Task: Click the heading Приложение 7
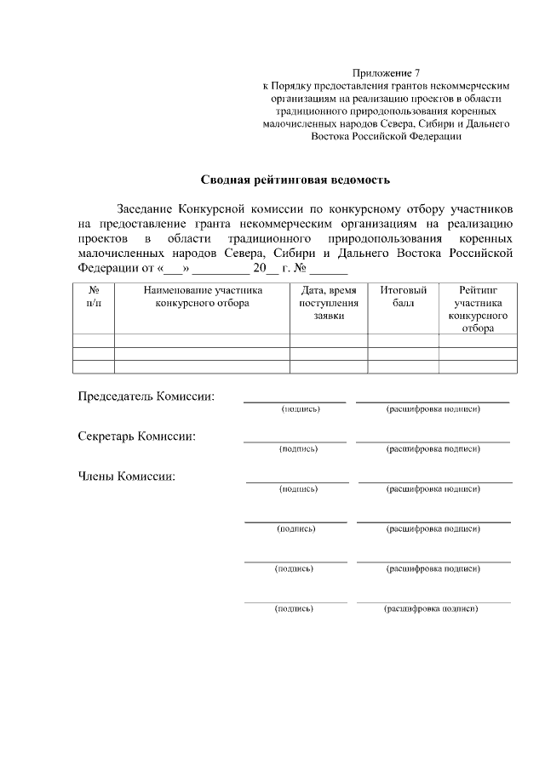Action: [387, 74]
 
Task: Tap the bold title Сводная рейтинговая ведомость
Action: [295, 180]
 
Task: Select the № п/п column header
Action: [94, 297]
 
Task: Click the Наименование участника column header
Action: [203, 297]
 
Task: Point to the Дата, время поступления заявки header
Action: [329, 303]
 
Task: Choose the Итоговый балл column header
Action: [403, 297]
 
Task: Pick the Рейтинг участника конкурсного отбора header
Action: [478, 309]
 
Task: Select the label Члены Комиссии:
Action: [127, 476]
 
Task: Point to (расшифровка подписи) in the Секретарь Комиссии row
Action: [433, 448]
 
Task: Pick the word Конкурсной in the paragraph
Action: [224, 208]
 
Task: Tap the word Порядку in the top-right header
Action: [290, 86]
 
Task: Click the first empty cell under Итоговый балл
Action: [403, 340]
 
